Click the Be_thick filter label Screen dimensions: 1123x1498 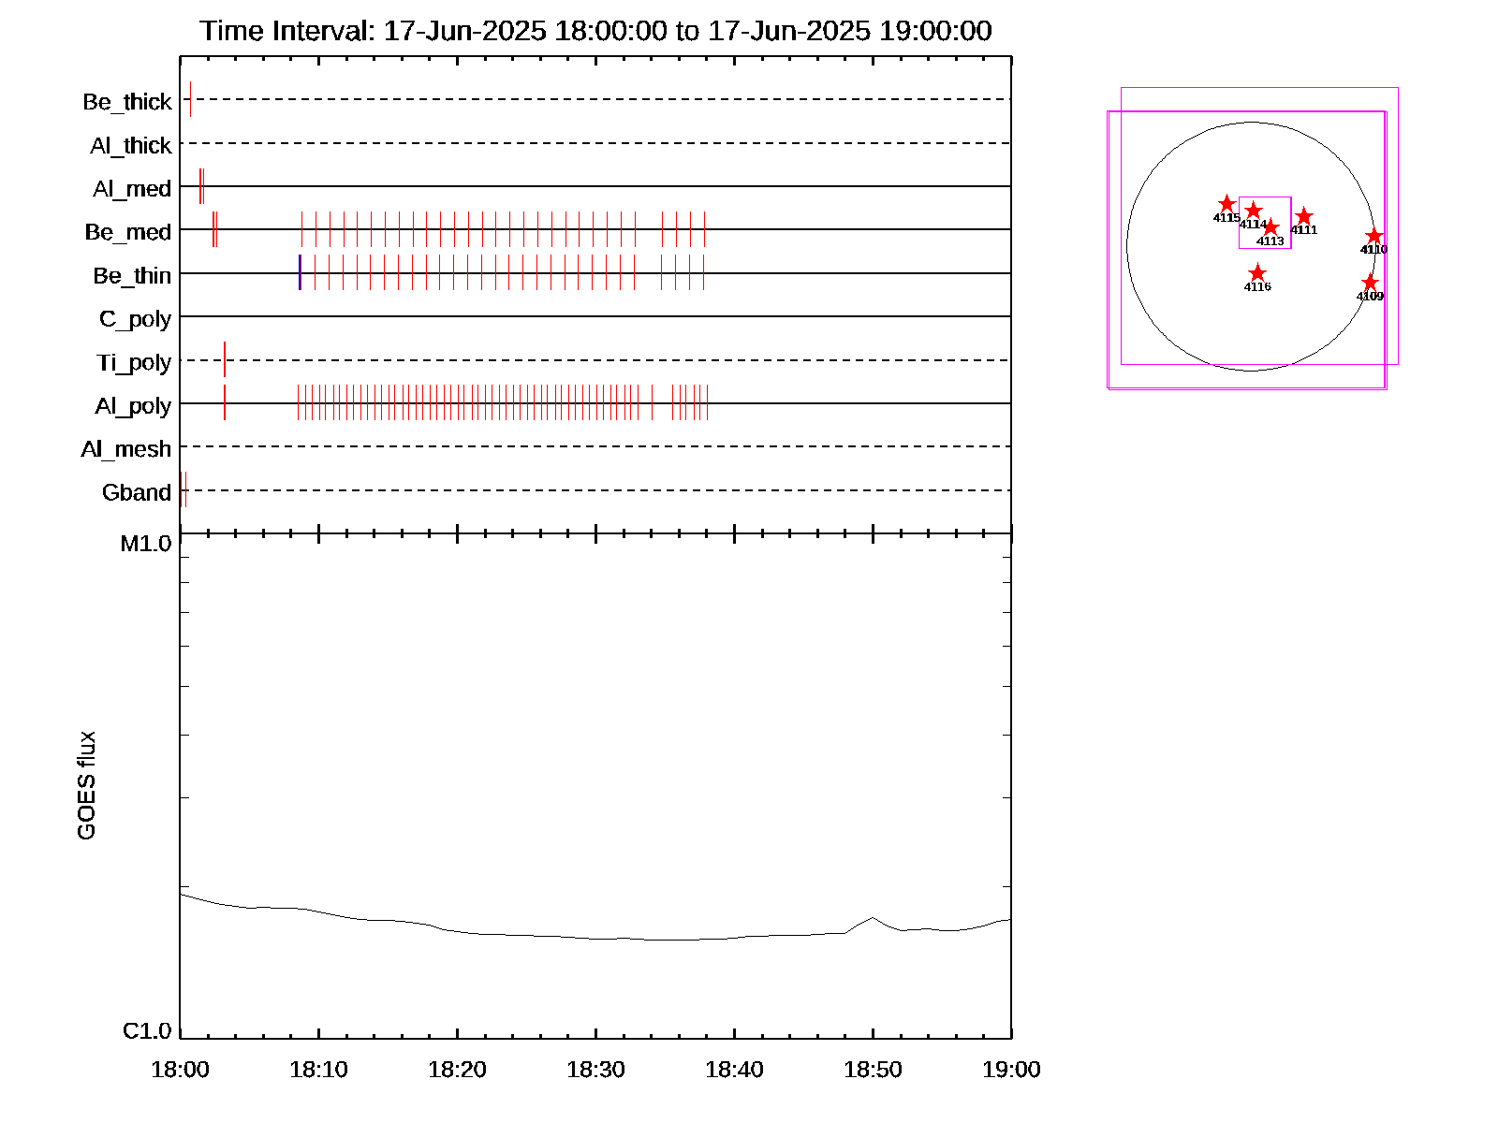127,102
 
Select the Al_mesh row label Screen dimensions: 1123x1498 126,449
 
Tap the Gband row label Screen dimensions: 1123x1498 137,492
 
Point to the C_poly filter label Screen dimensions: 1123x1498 136,319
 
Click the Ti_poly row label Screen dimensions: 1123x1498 134,362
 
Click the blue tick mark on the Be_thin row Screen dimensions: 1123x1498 300,272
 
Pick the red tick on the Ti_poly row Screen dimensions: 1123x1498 225,359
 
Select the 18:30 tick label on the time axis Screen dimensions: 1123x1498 595,1070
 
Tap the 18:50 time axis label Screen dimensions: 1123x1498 873,1070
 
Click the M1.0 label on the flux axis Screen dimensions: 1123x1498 146,544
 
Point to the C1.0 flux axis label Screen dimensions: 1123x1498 147,1031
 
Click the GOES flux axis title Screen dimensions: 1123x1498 86,786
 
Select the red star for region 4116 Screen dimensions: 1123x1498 1257,273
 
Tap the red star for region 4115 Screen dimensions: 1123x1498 1226,204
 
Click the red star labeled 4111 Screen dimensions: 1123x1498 1303,217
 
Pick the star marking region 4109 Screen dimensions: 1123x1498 1370,283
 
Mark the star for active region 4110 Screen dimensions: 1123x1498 1373,236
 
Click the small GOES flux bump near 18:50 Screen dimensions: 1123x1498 873,918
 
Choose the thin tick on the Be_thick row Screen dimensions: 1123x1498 190,99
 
